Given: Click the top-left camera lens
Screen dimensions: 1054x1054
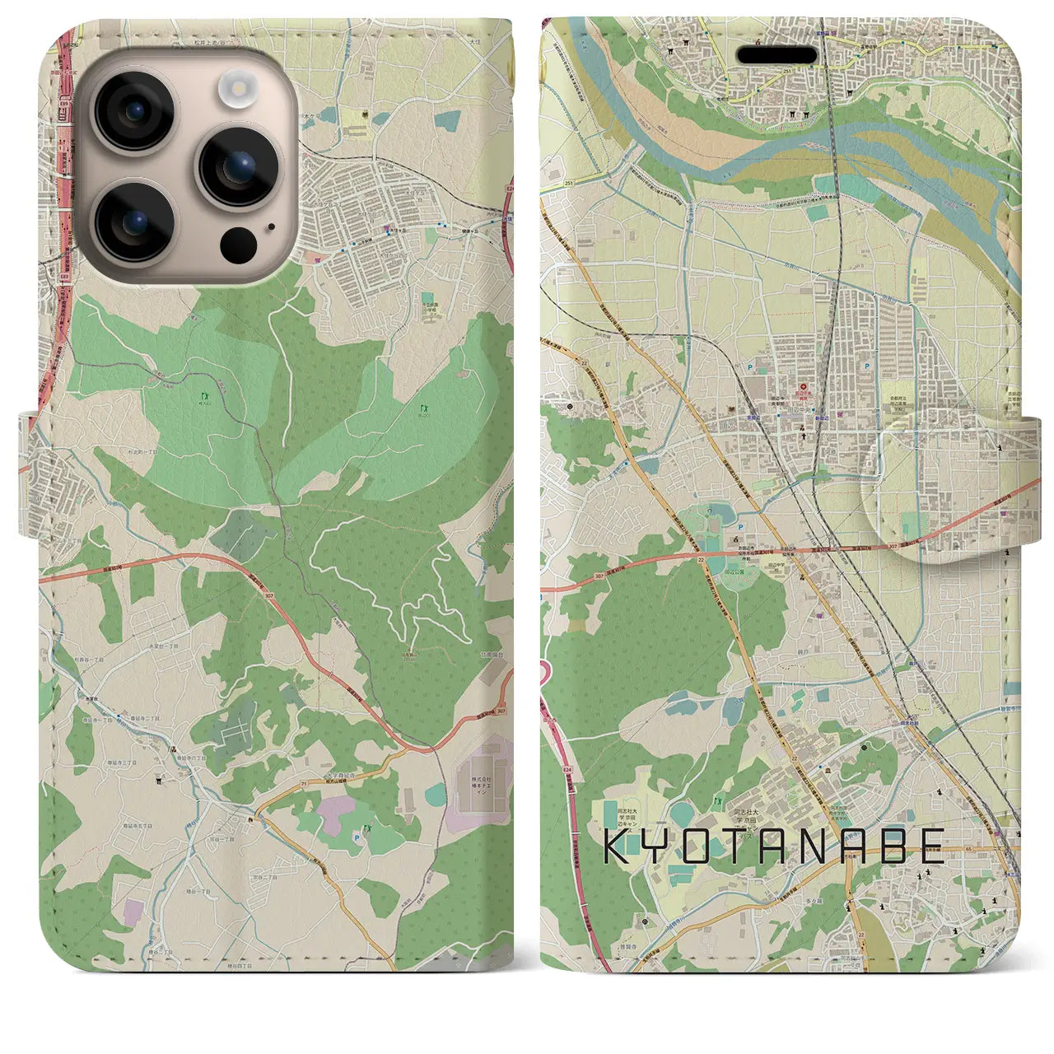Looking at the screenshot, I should [x=134, y=113].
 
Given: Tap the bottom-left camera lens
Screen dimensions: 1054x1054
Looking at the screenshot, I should [x=134, y=220].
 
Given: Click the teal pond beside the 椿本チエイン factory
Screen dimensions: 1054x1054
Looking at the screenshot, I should [x=436, y=796].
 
